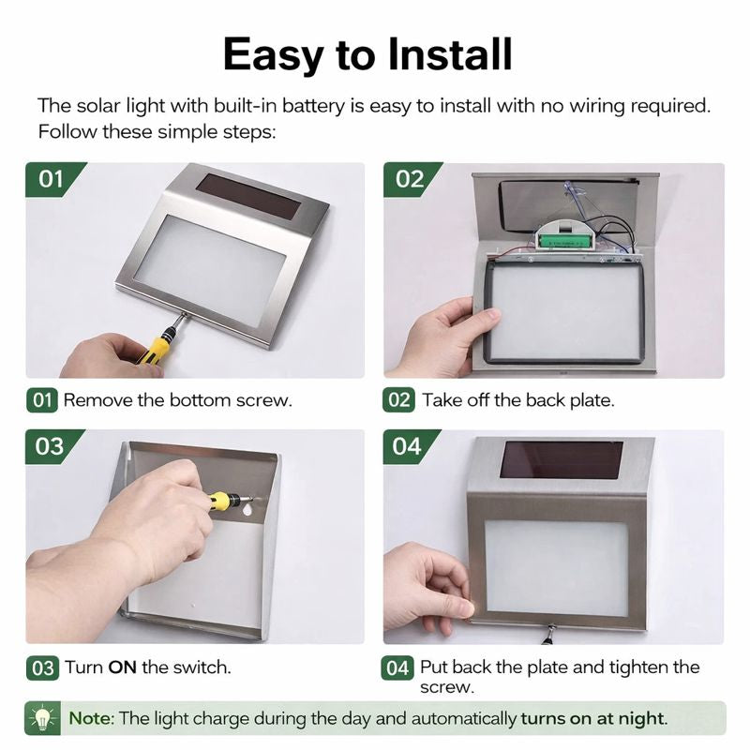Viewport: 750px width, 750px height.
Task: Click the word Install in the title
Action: tap(450, 54)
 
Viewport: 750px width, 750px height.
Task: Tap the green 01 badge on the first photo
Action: tap(52, 179)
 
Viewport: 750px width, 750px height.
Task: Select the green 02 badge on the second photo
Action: tap(410, 179)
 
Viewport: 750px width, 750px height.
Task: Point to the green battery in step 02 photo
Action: tap(564, 242)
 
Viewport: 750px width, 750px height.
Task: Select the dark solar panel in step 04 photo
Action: tap(562, 459)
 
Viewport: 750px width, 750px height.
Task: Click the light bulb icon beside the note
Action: tap(42, 718)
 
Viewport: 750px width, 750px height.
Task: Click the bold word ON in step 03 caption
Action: tap(123, 667)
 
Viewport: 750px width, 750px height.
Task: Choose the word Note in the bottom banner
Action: tap(90, 718)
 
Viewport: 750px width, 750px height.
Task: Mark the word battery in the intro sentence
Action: tap(313, 106)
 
